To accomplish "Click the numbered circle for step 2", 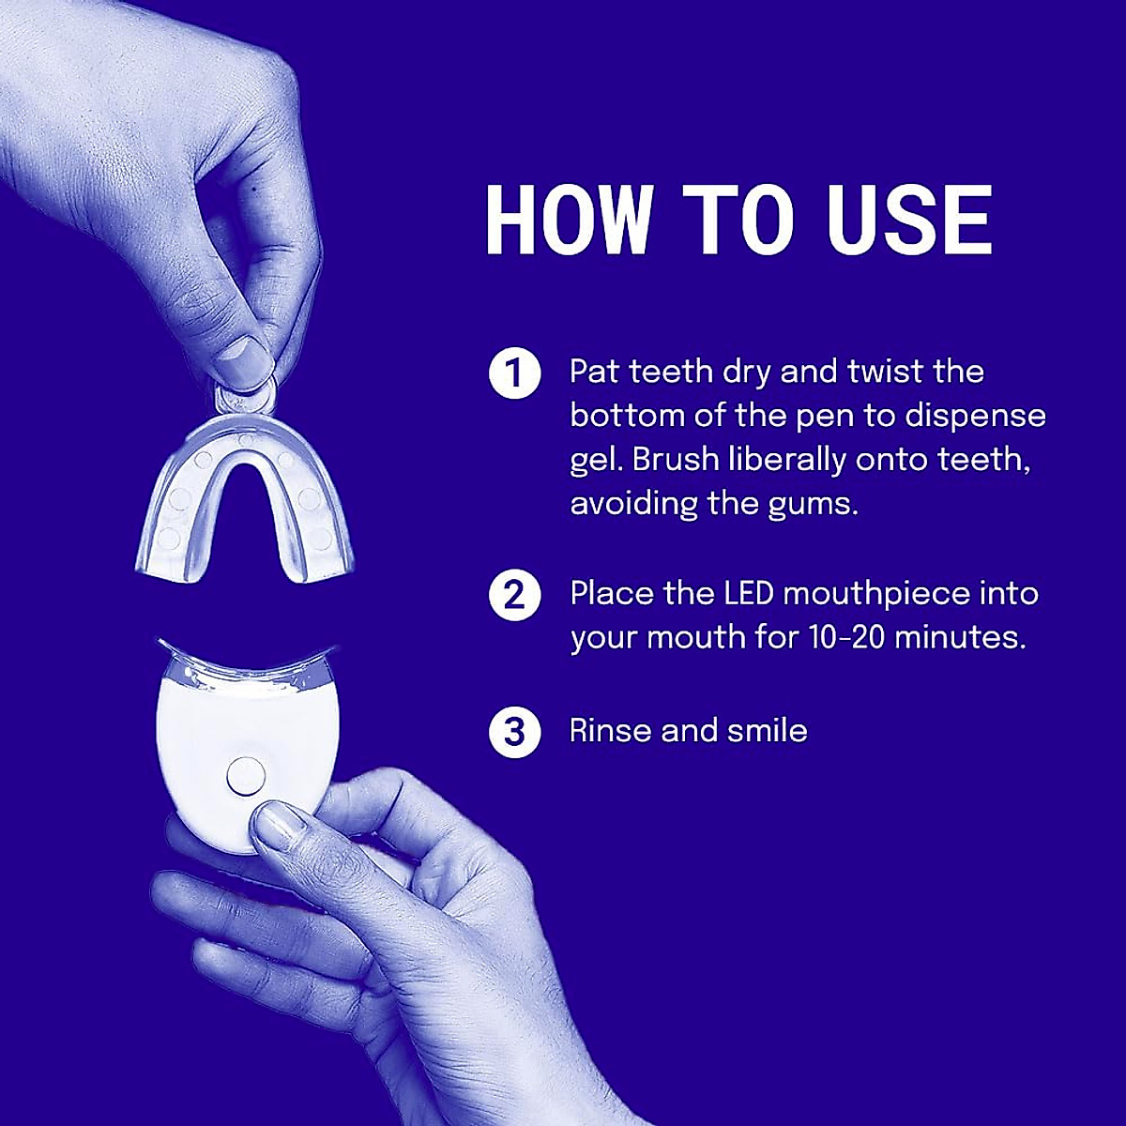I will click(515, 597).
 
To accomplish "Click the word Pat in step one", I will click(595, 372).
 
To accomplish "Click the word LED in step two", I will click(746, 594).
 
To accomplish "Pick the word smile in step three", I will click(766, 730).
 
